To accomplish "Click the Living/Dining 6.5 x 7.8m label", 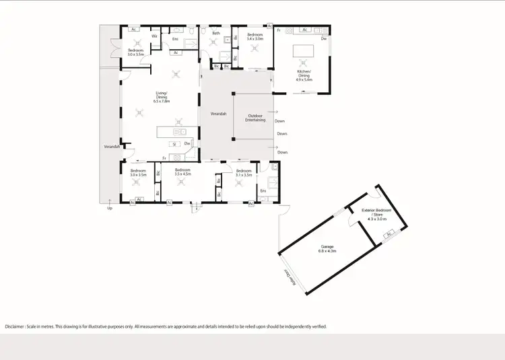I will (162, 98).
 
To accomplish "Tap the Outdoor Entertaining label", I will (255, 118).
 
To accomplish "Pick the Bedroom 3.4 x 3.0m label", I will (255, 36).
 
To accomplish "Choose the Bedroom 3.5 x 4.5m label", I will (182, 172).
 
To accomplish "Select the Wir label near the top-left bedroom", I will (154, 36).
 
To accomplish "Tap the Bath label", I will (216, 33).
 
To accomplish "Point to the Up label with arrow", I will (110, 208).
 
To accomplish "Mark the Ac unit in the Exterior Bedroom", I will (389, 233).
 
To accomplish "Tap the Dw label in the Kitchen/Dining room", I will (324, 39).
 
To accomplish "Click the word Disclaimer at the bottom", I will (17, 326).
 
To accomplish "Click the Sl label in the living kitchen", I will (173, 143).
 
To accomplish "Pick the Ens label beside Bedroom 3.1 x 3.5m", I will (263, 191).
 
